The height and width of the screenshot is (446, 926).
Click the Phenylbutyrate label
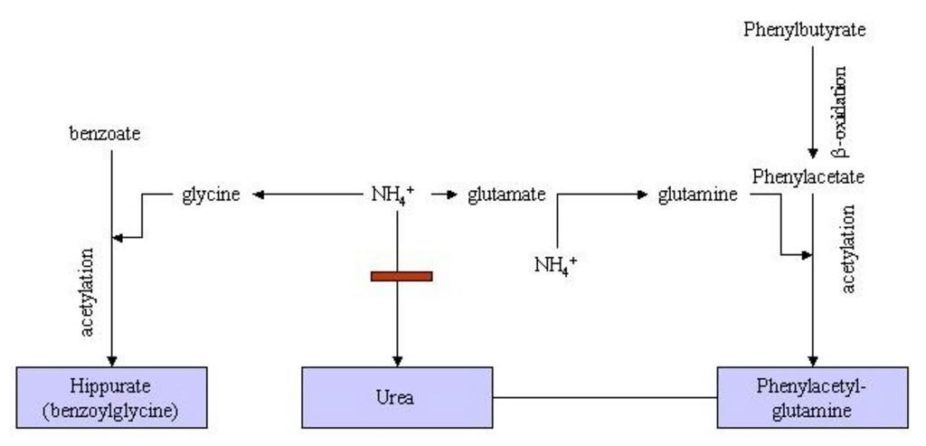[805, 30]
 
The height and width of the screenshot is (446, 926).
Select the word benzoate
[105, 134]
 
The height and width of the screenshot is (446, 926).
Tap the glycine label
[211, 194]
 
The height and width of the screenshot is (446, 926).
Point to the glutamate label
[506, 194]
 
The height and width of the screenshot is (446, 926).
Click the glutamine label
[697, 194]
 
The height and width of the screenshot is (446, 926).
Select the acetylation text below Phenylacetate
[849, 249]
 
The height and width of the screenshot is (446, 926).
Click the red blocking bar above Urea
[402, 276]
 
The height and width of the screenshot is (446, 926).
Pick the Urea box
[398, 397]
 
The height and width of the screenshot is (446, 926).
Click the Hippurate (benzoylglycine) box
[112, 397]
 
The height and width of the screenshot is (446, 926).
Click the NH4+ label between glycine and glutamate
[392, 194]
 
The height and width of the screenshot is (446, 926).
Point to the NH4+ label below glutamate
[555, 265]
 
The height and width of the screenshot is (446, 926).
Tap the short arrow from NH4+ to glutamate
[443, 194]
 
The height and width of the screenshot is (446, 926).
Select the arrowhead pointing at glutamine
[644, 194]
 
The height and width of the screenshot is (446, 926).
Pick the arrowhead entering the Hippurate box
[111, 360]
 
